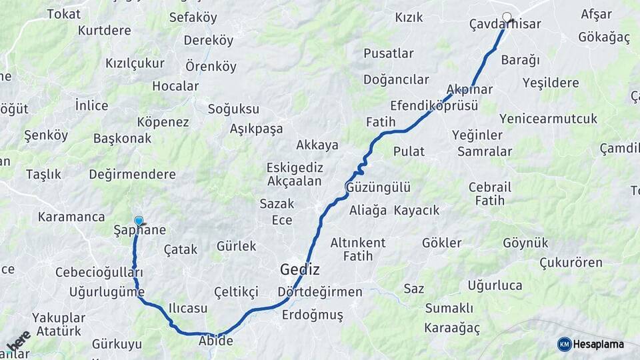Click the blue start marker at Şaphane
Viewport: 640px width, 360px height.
click(x=139, y=221)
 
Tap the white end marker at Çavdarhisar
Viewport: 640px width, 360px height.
click(x=507, y=17)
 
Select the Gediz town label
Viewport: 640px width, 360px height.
click(x=299, y=270)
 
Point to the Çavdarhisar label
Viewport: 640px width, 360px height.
click(x=505, y=24)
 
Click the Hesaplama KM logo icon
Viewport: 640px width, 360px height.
click(x=565, y=344)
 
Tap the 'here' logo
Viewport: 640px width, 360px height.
click(x=18, y=340)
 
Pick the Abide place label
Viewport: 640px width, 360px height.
click(x=216, y=341)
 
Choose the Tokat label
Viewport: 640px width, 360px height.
click(x=64, y=13)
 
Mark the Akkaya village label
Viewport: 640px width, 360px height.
click(x=317, y=145)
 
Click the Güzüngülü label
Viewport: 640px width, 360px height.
click(x=378, y=187)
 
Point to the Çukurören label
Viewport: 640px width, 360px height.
click(x=571, y=262)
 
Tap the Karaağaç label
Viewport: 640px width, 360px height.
click(x=451, y=328)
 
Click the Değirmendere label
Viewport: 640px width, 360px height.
click(x=133, y=174)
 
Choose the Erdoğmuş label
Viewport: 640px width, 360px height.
click(x=313, y=315)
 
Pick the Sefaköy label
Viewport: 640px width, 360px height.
click(x=193, y=17)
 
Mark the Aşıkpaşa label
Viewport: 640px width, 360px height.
click(x=257, y=129)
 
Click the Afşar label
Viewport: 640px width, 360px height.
click(x=596, y=14)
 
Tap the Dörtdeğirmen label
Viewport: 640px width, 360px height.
click(x=320, y=292)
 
